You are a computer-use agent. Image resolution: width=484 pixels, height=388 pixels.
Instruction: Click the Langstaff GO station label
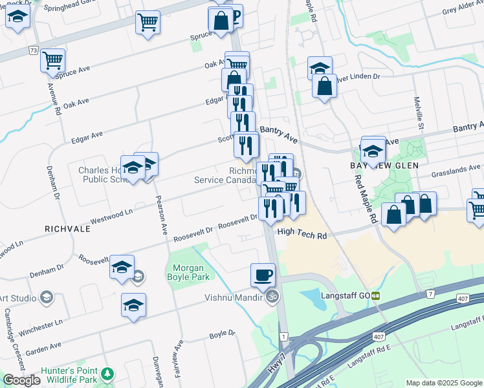coord(350,296)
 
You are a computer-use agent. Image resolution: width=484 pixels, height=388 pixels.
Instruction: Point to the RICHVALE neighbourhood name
coord(67,229)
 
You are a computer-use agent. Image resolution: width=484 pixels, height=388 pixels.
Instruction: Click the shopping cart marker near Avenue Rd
coord(52,61)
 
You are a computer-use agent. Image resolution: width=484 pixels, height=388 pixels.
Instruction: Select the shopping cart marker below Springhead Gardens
coord(148,23)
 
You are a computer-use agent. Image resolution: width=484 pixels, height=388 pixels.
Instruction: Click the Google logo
coord(21,380)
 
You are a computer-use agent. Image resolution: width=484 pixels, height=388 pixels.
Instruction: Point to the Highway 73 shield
coord(33,50)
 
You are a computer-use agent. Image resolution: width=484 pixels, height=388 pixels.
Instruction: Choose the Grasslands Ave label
coord(457,169)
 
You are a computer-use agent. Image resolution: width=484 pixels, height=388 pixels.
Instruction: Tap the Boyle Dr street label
coord(222,334)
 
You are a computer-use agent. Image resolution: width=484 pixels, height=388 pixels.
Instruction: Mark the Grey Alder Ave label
coord(463,10)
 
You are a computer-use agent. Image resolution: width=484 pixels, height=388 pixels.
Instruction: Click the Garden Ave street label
coord(43,348)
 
